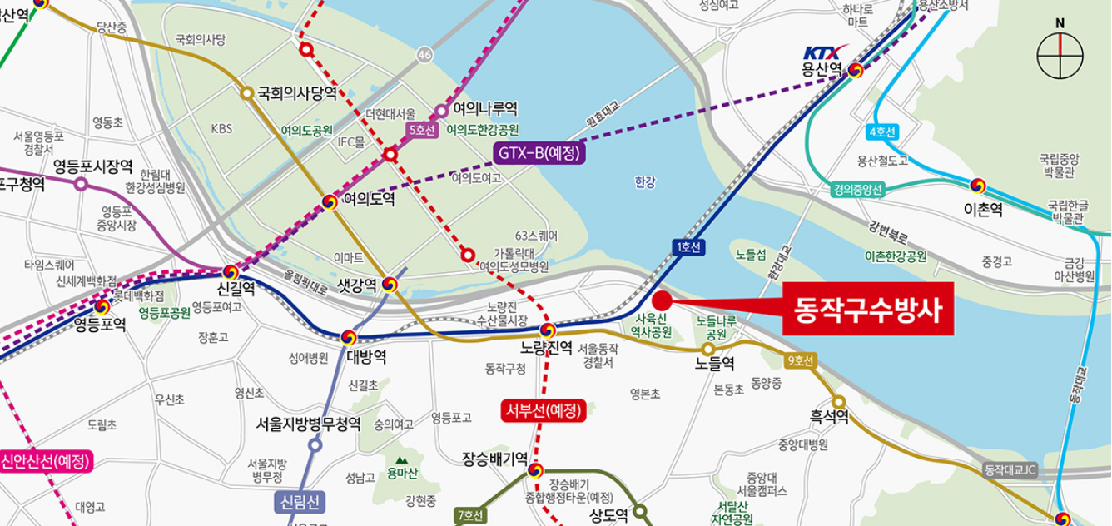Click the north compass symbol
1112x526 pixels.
(1060, 57)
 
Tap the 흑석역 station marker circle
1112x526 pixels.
(838, 402)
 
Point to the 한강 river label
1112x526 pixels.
(645, 180)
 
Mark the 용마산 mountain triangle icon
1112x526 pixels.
(403, 459)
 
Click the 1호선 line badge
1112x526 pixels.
(688, 246)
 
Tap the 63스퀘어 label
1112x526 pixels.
(536, 236)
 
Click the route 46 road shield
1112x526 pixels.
(426, 55)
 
